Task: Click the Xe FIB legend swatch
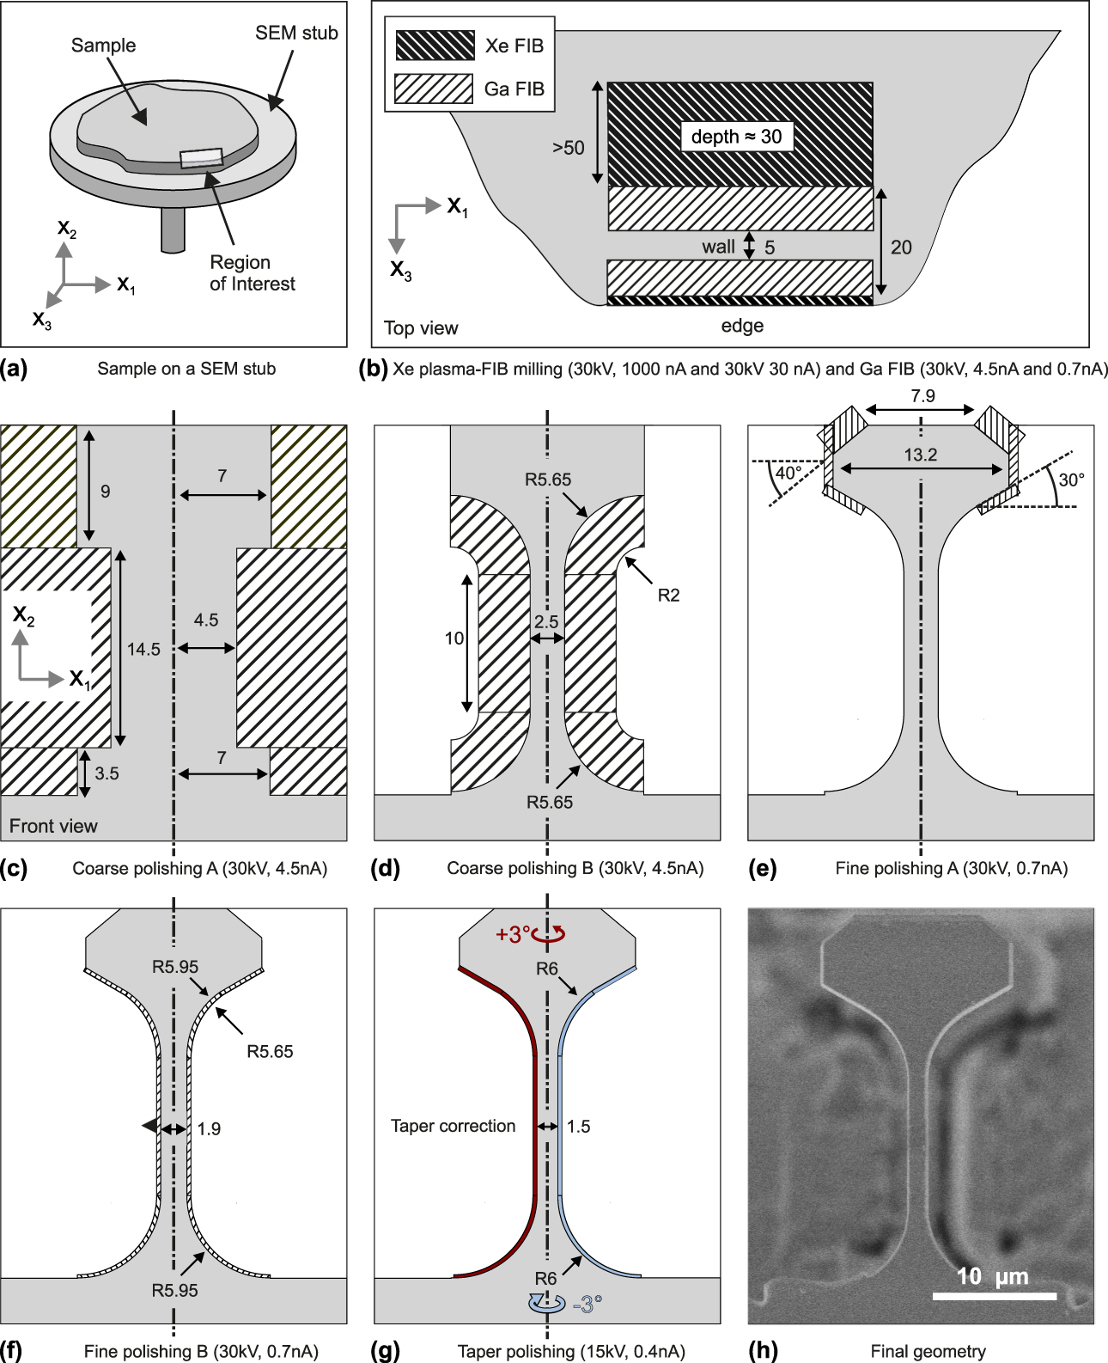435,46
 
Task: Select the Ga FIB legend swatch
434,89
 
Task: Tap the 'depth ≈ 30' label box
736,137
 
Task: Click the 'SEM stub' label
296,33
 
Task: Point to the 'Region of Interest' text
252,273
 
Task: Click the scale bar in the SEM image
994,1296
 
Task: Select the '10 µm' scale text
992,1276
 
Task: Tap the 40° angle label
788,474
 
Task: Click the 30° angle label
1071,480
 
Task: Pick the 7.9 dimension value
922,396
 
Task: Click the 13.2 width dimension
920,455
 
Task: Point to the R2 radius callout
668,595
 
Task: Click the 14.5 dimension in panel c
143,650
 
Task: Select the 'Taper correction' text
453,1126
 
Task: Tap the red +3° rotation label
514,934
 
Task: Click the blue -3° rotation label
587,1305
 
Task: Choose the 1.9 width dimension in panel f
209,1128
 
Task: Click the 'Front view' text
53,826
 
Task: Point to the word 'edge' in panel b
742,326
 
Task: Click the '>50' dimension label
568,148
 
